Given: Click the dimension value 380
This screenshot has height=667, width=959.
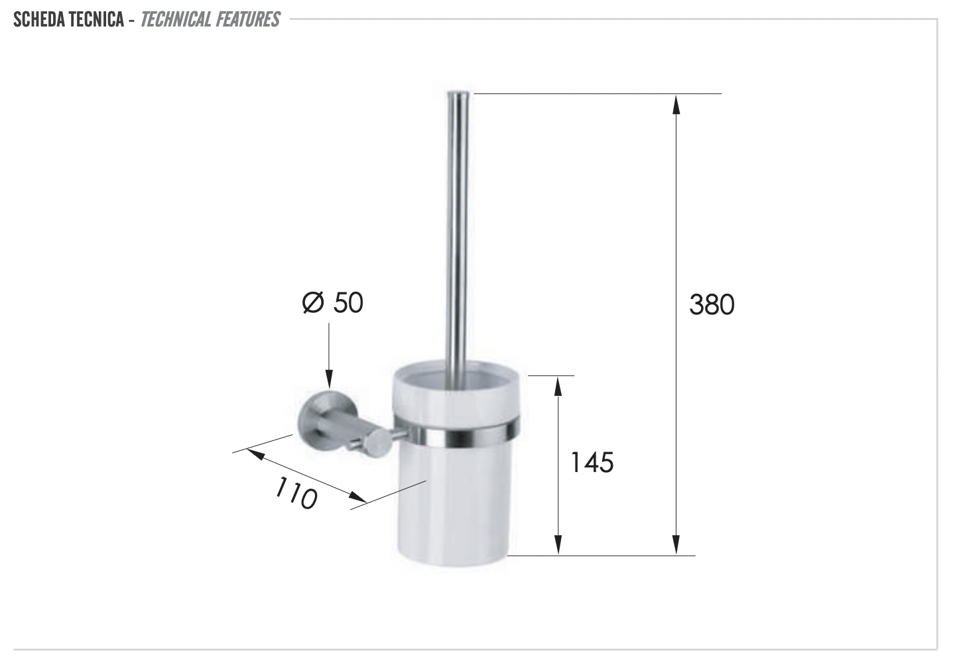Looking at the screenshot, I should (x=712, y=305).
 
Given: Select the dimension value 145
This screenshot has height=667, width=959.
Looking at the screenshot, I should (x=592, y=462).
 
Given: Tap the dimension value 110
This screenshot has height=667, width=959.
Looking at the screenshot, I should (x=296, y=493).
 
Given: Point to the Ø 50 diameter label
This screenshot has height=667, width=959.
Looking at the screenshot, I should (x=332, y=303).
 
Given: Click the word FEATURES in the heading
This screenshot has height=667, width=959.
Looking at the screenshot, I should (x=247, y=19).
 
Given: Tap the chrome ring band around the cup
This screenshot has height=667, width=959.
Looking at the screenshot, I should (x=458, y=434).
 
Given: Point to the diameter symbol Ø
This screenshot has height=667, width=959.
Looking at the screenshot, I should (x=313, y=303).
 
